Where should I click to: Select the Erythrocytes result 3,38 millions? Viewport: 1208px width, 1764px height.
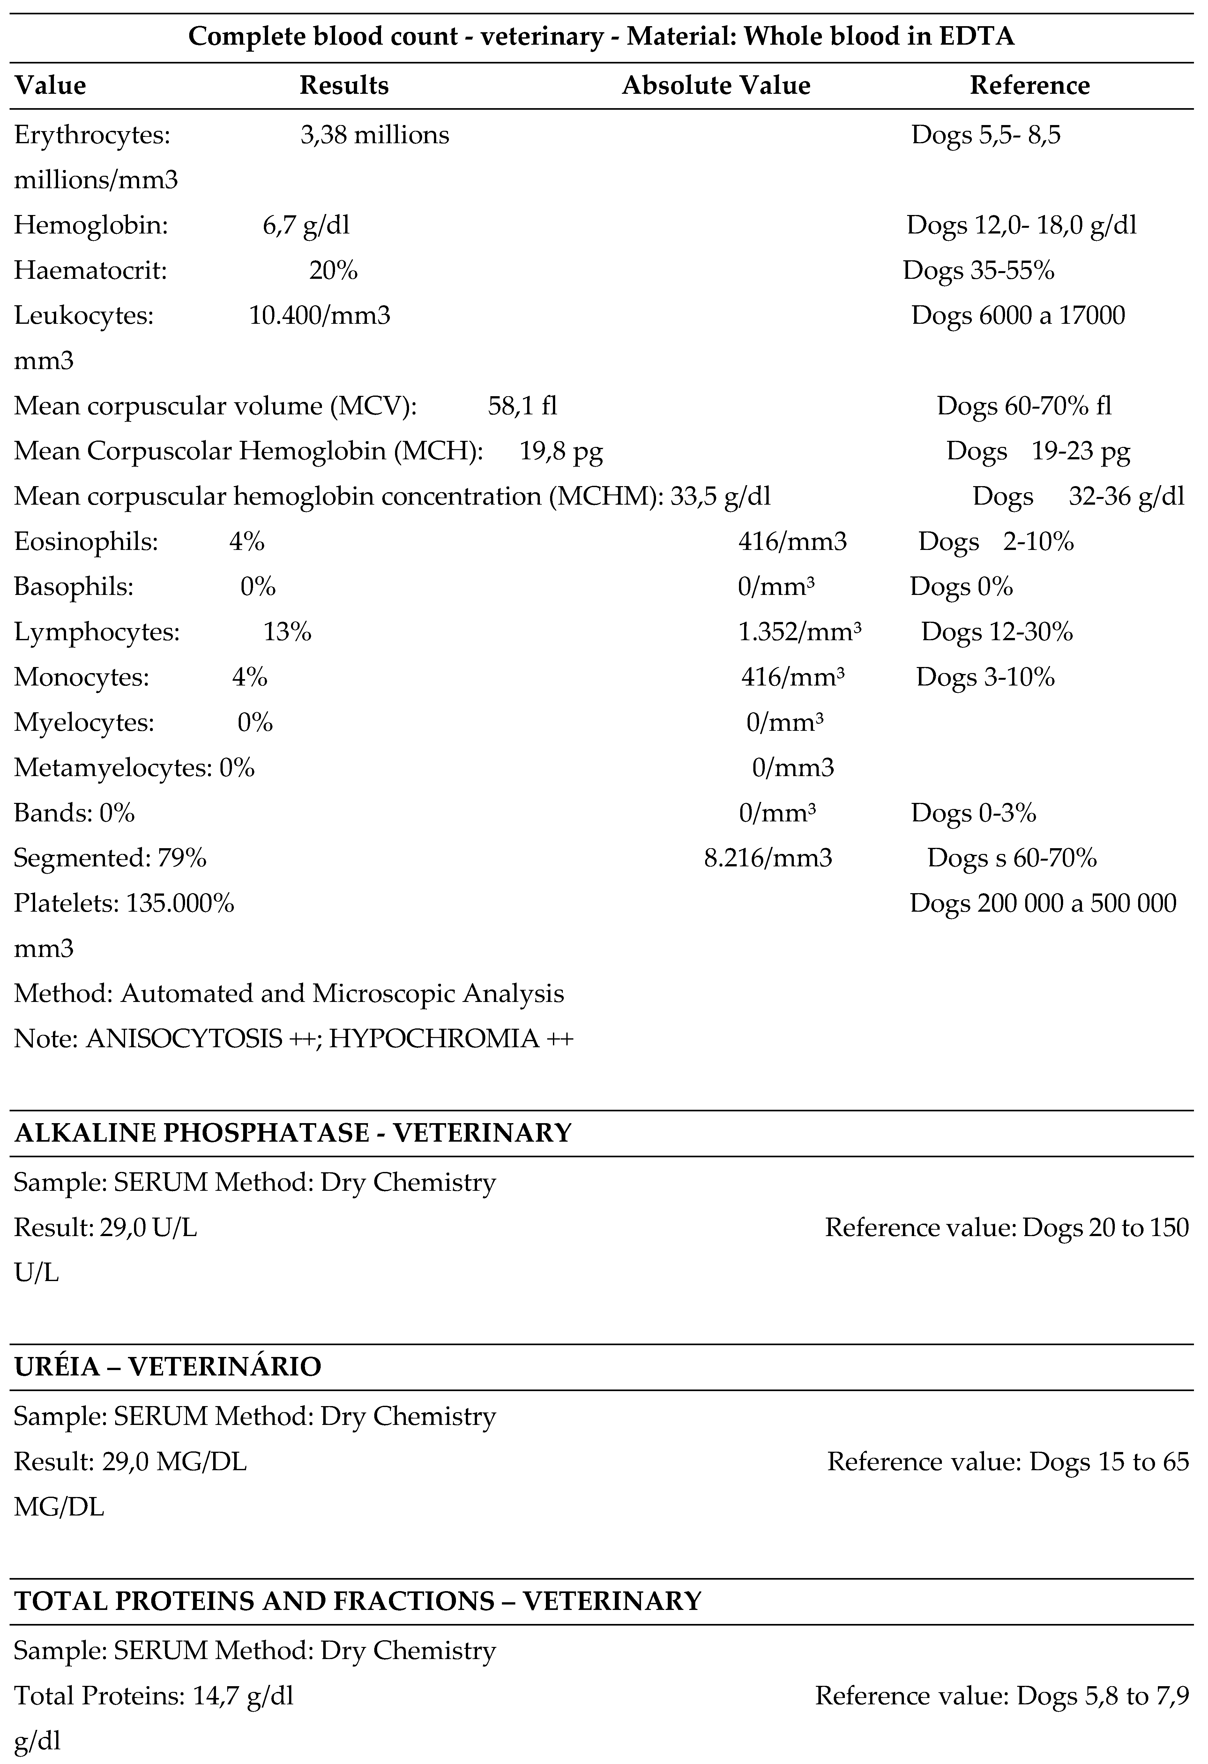coord(374,135)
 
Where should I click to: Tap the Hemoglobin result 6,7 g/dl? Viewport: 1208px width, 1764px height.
coord(306,226)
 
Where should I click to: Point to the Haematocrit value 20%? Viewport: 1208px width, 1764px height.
coord(333,270)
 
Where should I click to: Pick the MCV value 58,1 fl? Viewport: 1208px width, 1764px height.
coord(522,406)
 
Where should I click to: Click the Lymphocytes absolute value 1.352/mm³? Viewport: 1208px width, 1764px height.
coord(800,632)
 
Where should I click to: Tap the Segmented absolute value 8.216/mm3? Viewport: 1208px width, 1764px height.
coord(768,858)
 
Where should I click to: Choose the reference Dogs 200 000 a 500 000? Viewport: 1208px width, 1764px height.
coord(1042,903)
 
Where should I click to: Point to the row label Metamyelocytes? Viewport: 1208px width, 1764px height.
coord(112,768)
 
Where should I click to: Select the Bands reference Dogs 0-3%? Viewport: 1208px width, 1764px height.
coord(973,813)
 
